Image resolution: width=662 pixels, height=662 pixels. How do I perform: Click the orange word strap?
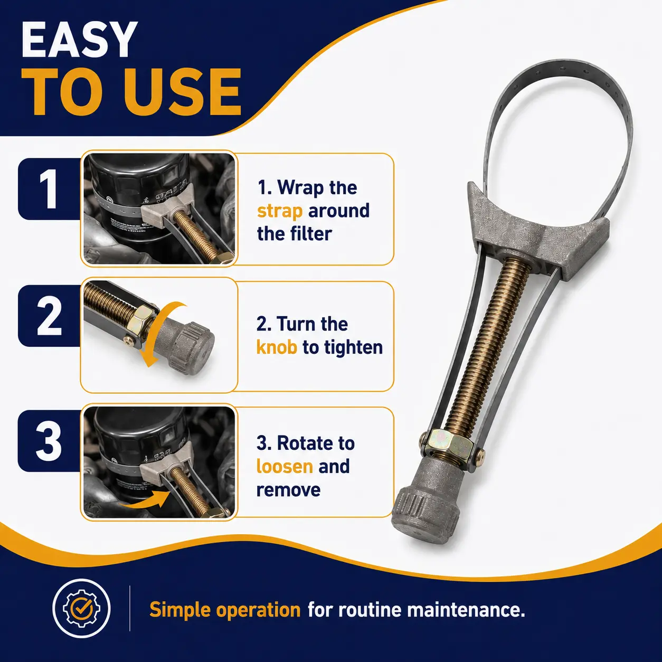(280, 211)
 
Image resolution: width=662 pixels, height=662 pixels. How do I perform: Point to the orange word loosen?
(285, 466)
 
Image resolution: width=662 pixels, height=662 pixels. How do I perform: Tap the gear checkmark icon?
(82, 608)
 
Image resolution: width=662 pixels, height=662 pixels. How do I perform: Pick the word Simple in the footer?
(179, 610)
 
